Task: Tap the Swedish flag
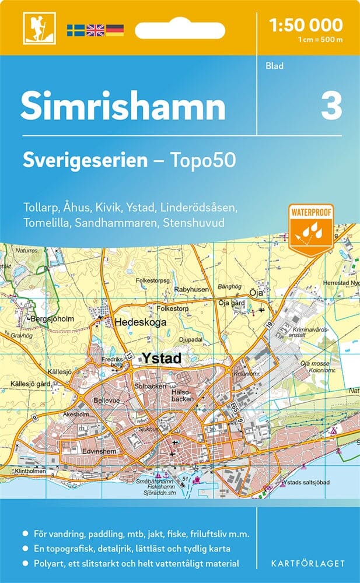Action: click(x=75, y=30)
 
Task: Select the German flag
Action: click(x=115, y=30)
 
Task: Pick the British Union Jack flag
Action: click(x=95, y=30)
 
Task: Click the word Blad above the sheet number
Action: click(x=274, y=66)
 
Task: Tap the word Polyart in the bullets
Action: click(x=45, y=563)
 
